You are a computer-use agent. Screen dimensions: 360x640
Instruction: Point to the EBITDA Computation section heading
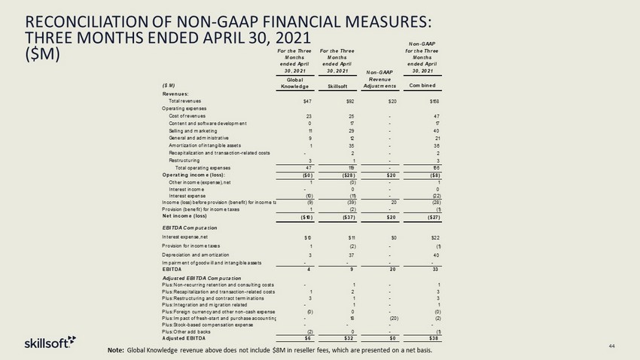[190, 227]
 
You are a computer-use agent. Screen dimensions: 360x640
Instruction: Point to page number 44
[612, 345]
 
